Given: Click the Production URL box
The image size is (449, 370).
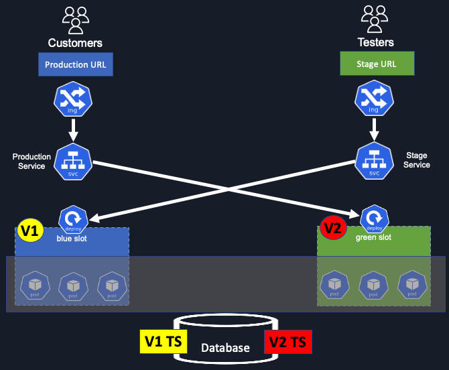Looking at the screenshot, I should [x=75, y=65].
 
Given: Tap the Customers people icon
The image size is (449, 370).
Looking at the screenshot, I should [x=75, y=20].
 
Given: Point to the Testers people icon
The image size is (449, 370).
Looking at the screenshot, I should [x=375, y=20].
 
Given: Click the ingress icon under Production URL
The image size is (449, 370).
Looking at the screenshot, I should [x=72, y=100].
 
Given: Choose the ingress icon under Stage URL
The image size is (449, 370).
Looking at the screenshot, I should [x=374, y=100].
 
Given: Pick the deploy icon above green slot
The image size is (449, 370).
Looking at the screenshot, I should [x=374, y=219].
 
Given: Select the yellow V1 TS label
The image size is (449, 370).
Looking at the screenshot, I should [x=164, y=342].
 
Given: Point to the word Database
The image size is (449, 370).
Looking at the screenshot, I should [x=225, y=348].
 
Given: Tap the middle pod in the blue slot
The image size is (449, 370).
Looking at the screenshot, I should [x=72, y=286].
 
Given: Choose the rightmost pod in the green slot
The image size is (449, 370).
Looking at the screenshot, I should [x=412, y=286].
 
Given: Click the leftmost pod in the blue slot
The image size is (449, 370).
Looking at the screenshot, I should [x=34, y=286].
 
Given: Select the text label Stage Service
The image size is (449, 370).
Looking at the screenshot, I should [x=418, y=160].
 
